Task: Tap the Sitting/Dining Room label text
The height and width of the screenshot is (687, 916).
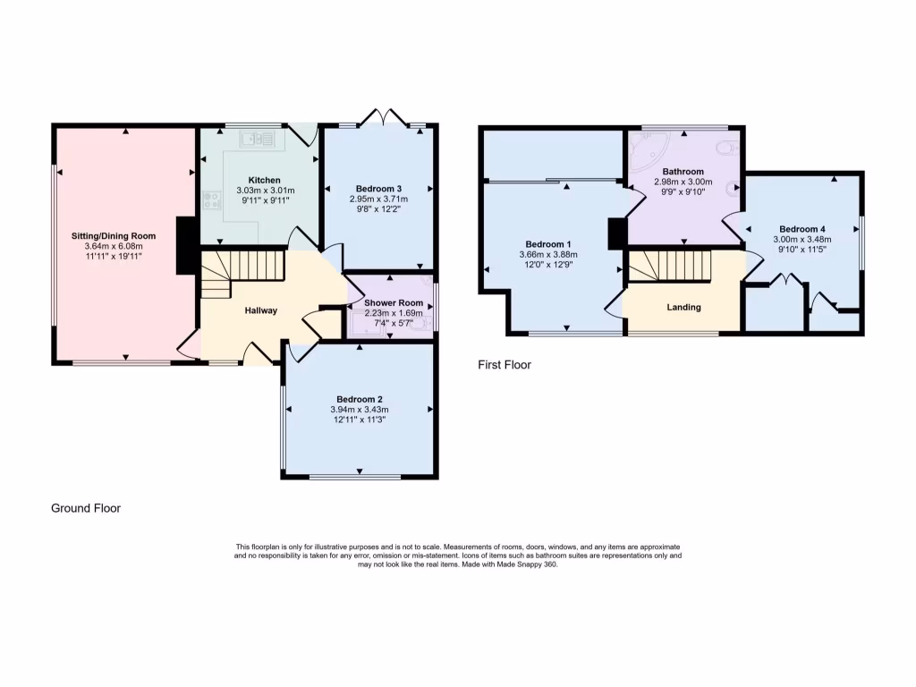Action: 107,236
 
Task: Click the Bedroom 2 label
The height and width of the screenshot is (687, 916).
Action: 360,399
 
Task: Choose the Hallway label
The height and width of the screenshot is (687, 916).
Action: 261,311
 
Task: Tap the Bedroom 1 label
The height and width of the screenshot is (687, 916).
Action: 548,244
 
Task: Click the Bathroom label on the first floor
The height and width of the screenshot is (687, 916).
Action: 683,171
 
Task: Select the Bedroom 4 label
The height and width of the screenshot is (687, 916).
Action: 802,228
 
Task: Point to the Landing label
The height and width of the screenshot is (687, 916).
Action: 683,308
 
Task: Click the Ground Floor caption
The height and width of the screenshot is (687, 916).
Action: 86,508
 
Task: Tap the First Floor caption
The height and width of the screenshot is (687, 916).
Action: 504,365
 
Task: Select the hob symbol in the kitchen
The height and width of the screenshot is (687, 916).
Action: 212,200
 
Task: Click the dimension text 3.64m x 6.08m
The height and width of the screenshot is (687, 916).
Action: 107,246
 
